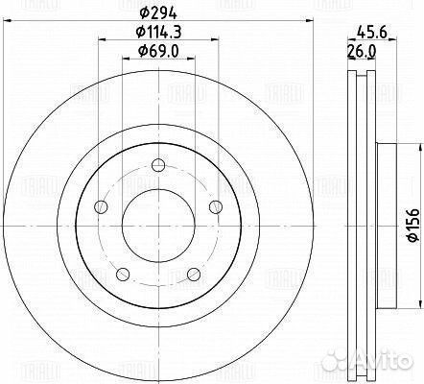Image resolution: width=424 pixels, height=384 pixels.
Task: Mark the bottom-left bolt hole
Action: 122,276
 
